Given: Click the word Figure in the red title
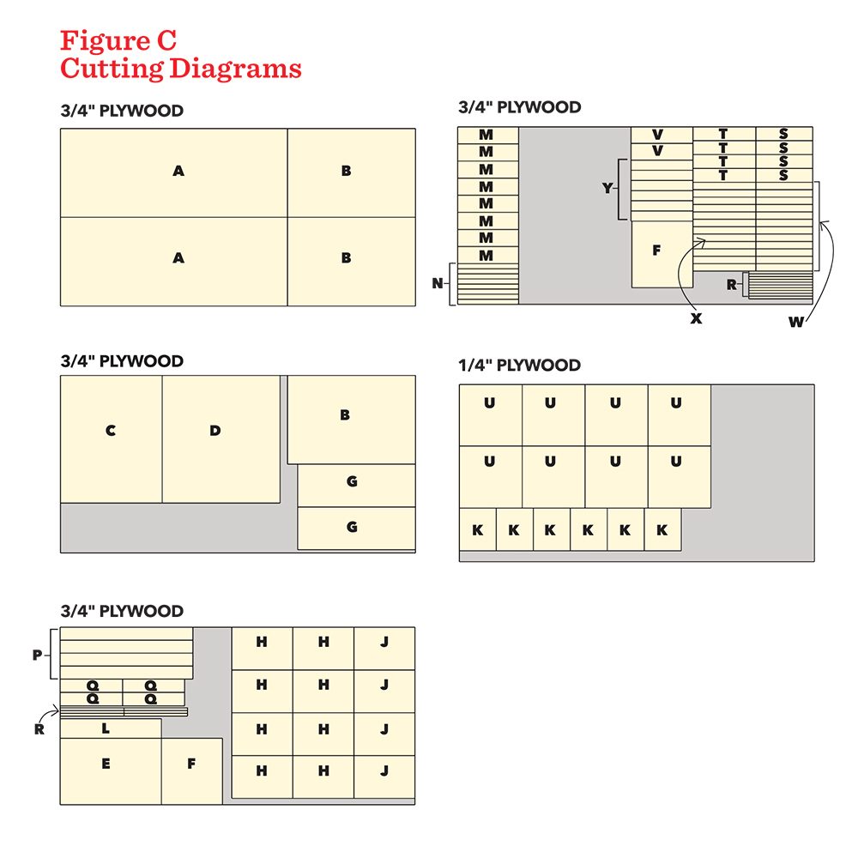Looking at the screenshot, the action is (105, 41).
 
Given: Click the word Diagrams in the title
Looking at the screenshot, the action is (235, 69).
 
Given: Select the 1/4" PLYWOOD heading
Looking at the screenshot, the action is (519, 365).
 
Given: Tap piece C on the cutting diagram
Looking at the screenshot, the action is (111, 438).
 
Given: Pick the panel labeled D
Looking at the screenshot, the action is (221, 438).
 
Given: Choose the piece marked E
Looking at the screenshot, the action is (111, 771).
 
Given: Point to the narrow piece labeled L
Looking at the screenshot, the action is (111, 728).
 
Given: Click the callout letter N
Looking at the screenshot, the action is (438, 283).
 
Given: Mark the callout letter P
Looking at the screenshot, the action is (37, 655).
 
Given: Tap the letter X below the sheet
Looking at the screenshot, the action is (696, 318).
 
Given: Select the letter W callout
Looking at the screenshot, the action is (796, 322).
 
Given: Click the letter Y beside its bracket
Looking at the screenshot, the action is (607, 188).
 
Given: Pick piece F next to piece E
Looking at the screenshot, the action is (192, 771).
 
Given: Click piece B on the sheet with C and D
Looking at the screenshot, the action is (351, 420).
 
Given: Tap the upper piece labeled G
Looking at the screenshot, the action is (356, 486).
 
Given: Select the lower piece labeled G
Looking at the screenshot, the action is (356, 528).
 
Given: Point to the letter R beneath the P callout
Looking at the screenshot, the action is (39, 728).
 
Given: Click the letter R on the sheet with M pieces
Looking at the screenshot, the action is (732, 285).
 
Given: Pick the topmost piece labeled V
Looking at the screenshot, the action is (662, 136).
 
